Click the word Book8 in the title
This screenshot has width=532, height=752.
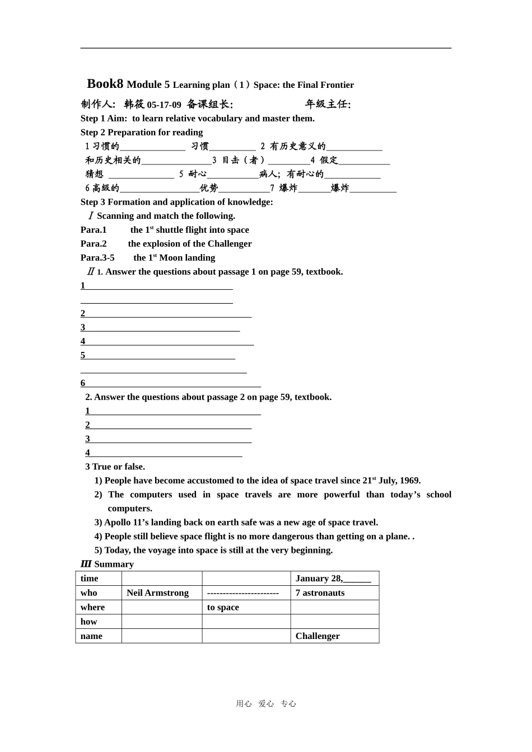[x=105, y=84]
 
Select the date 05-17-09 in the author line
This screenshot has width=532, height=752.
[x=164, y=105]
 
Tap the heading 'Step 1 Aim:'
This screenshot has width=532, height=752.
[x=104, y=119]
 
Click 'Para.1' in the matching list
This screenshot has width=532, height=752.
[x=94, y=230]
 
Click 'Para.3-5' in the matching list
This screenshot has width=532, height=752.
[x=97, y=258]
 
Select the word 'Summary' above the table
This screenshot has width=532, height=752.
[x=114, y=564]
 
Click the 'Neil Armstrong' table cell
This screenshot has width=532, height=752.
[x=157, y=593]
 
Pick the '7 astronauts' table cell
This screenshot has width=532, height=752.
[x=320, y=593]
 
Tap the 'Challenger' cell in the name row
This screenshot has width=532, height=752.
[x=318, y=636]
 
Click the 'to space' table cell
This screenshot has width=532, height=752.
[x=223, y=608]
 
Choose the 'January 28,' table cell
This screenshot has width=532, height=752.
[x=319, y=579]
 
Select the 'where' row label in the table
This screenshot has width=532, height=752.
[x=92, y=608]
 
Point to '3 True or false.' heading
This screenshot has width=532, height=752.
[x=115, y=467]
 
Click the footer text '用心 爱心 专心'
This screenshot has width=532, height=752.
[x=266, y=704]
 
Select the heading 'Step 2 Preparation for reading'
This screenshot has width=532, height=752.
[x=142, y=133]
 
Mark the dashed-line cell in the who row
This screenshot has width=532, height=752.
[x=243, y=593]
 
